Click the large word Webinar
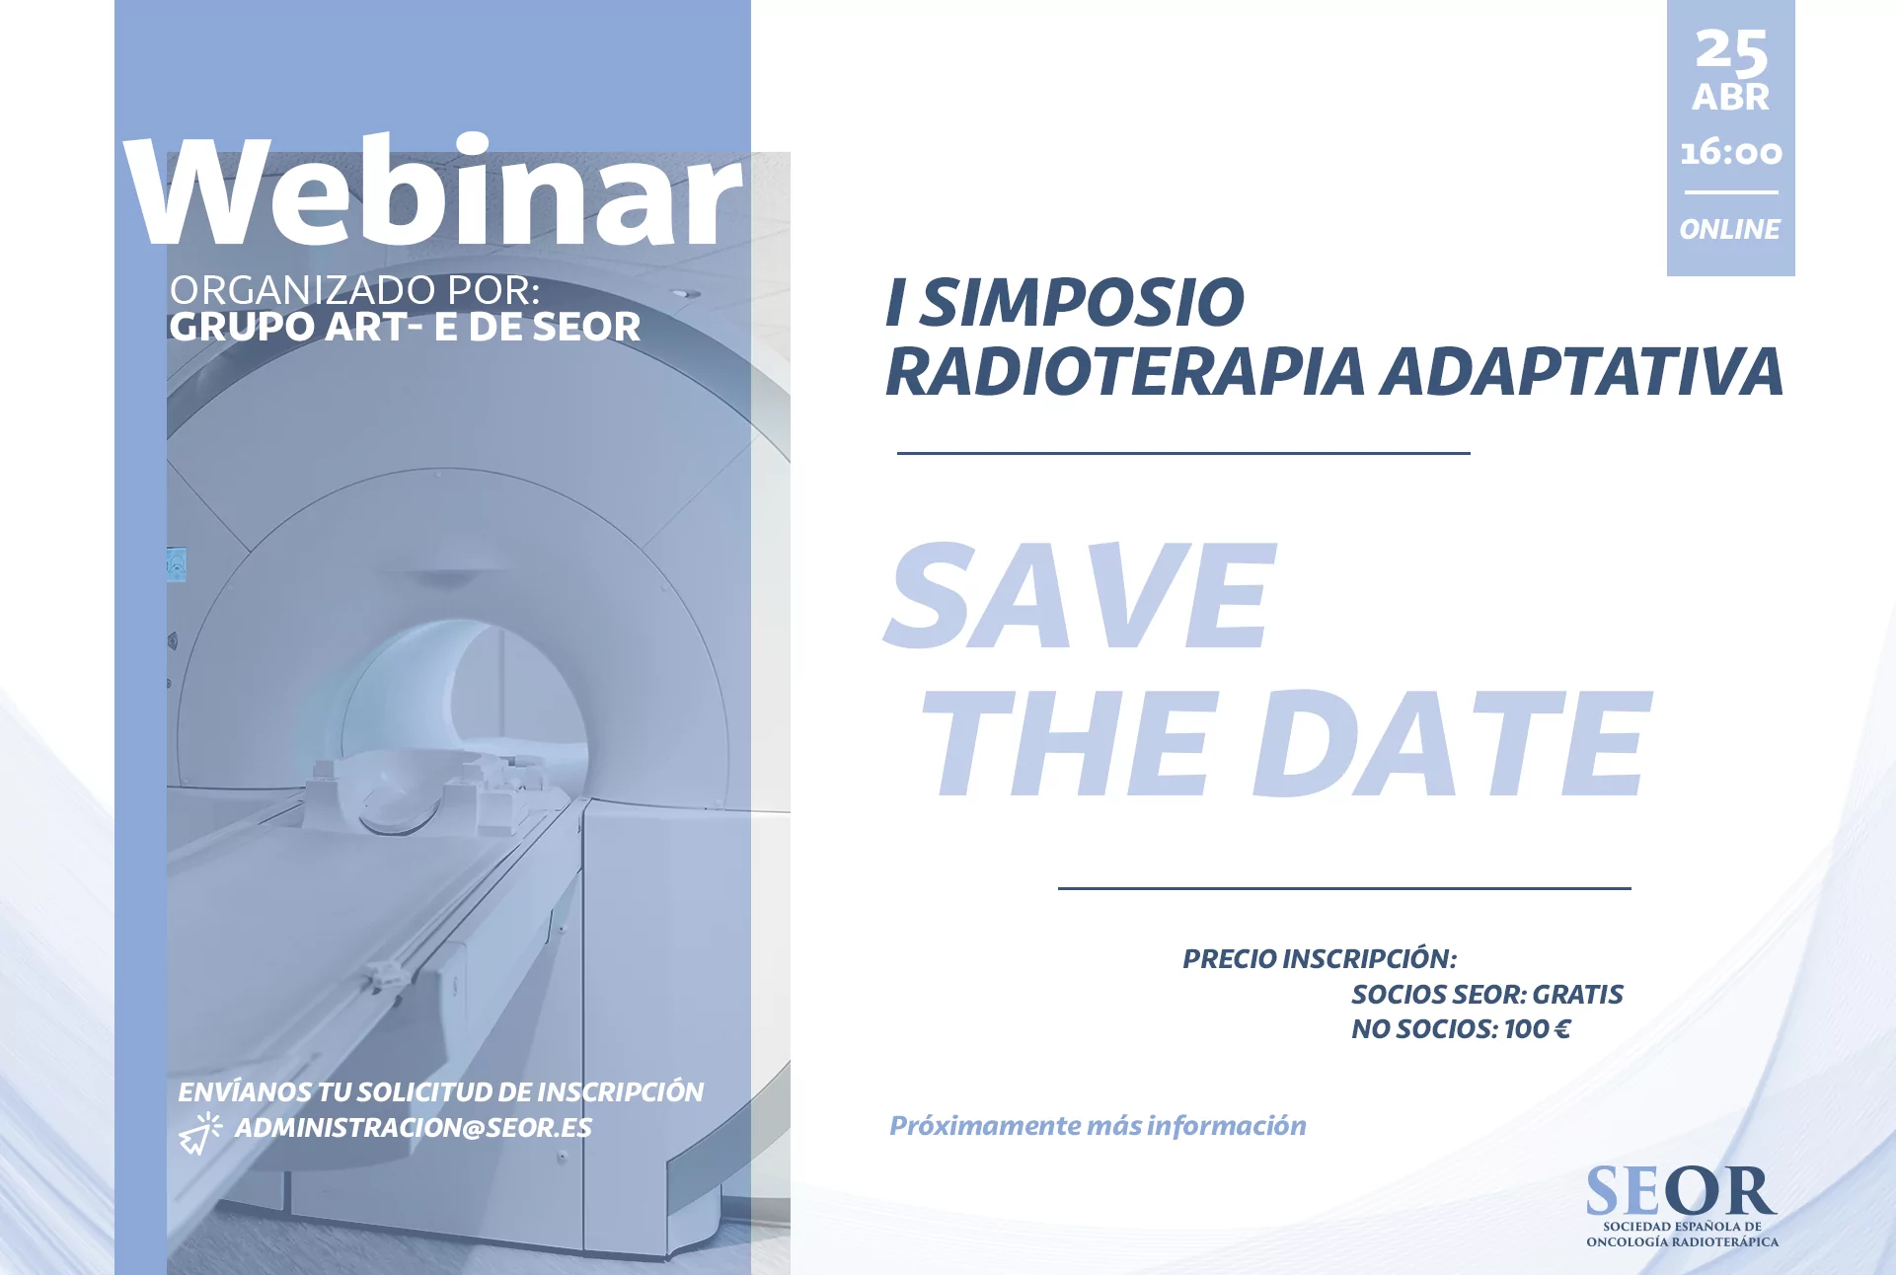(432, 189)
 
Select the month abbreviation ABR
(1731, 98)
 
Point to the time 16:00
(1731, 152)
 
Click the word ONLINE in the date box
(1729, 229)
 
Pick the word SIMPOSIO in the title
(1083, 302)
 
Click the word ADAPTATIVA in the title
(1582, 371)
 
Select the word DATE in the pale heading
(1452, 743)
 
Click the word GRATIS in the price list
(1577, 995)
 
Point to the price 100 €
(1537, 1029)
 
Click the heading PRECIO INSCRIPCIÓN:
(1320, 959)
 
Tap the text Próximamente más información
(1098, 1126)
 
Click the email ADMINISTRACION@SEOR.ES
(413, 1128)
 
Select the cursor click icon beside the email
(200, 1134)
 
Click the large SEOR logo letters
(1681, 1191)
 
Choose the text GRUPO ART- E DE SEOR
(405, 327)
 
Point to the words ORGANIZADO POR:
(355, 290)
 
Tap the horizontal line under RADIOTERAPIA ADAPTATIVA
(1183, 453)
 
